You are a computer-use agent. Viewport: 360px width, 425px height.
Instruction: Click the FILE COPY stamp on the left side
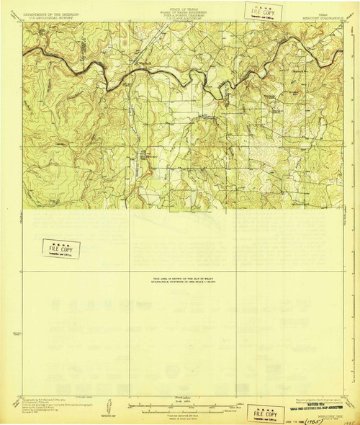61,249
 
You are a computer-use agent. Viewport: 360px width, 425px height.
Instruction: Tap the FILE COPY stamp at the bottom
264,411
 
